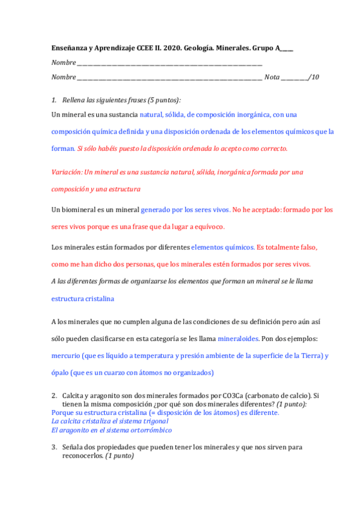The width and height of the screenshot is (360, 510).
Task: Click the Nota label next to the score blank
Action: click(x=272, y=77)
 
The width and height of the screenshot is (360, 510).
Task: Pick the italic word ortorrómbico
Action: click(x=149, y=430)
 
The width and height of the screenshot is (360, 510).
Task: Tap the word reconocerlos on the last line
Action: click(x=82, y=456)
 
